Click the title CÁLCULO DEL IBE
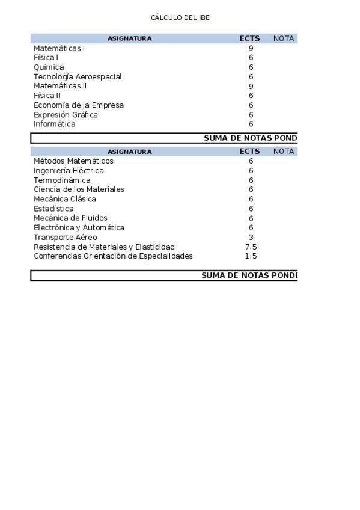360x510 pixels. coord(180,18)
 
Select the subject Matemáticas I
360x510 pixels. coord(59,48)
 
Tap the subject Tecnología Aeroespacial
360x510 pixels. coord(78,77)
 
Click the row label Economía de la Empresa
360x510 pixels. coord(79,105)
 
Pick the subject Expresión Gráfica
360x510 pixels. coord(66,115)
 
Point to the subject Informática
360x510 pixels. coord(55,124)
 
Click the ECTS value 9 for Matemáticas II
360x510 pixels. coord(251,86)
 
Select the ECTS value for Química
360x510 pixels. coord(251,67)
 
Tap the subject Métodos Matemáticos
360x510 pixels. coord(73,161)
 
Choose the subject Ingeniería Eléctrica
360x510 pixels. coord(69,171)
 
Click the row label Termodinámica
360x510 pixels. coord(62,180)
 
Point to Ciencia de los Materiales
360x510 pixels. coord(79,189)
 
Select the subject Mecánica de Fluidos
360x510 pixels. coord(70,218)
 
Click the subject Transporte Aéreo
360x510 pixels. coord(65,238)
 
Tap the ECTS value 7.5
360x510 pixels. coord(251,247)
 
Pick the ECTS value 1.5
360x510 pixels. coord(251,256)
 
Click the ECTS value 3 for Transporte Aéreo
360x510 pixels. coord(251,238)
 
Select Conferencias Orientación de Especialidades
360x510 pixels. coord(113,256)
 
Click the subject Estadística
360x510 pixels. coord(53,209)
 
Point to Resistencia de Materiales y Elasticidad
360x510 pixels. coord(104,247)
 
